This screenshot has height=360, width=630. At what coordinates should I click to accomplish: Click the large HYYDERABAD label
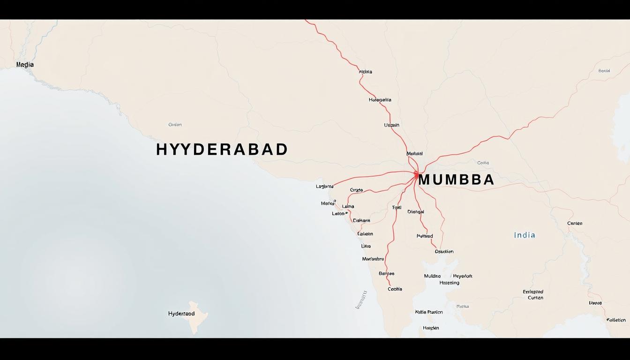222,150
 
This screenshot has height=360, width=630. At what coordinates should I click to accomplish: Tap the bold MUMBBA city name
456,180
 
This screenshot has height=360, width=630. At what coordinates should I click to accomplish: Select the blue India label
525,235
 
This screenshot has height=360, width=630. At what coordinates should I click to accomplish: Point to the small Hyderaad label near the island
181,314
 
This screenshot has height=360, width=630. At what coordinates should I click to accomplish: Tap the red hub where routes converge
416,175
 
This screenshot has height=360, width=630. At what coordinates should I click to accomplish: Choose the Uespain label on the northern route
391,125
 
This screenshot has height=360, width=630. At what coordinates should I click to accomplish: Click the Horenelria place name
380,100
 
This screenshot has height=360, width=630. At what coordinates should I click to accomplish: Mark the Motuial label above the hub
414,153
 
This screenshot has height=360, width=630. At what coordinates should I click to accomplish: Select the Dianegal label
415,212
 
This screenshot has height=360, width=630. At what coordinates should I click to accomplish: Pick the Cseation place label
444,252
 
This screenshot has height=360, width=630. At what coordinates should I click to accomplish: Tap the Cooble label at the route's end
395,289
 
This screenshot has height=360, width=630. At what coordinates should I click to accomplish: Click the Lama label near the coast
348,206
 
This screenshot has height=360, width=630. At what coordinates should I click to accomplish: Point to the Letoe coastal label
338,214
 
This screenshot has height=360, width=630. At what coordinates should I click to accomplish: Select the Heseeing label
449,283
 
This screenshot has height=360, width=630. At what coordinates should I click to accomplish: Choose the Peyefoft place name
462,276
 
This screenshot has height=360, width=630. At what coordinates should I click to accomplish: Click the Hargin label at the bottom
431,328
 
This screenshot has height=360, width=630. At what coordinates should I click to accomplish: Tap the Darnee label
386,273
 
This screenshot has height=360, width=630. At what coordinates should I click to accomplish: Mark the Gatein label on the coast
365,234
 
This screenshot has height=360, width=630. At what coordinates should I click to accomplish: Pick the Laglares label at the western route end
324,187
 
